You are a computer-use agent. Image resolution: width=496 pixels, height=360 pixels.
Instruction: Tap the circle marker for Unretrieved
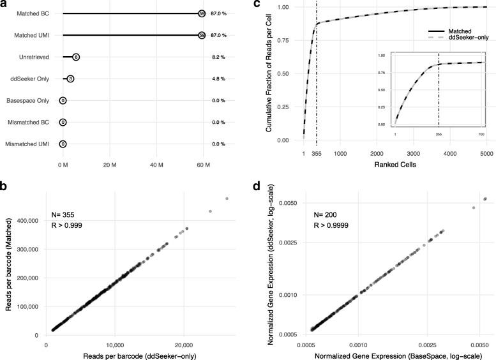76,57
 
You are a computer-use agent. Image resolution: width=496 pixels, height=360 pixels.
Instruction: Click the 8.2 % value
220,57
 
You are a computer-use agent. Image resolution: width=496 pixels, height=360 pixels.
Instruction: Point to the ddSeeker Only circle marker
70,79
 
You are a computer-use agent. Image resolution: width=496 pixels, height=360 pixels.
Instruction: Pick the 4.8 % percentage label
220,79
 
